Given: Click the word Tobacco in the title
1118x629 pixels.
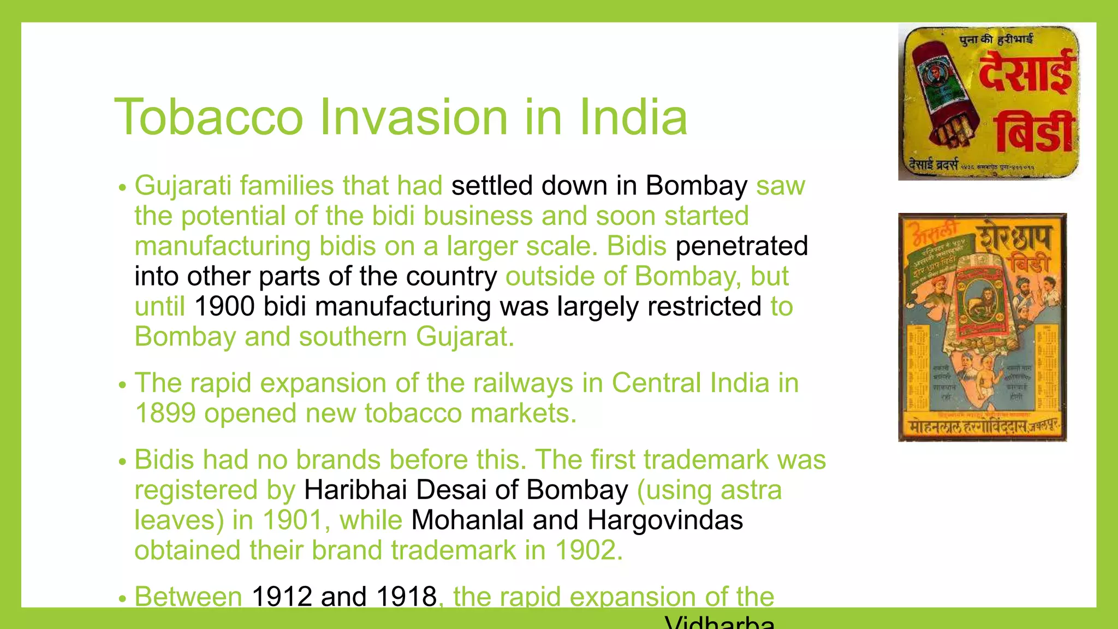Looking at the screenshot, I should (x=209, y=117).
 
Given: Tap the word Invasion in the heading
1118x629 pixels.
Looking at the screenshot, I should (x=413, y=117).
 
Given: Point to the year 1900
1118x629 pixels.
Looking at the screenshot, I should (x=224, y=306).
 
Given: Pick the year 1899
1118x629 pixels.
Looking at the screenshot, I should (x=165, y=413).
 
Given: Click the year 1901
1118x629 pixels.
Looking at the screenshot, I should (x=293, y=520).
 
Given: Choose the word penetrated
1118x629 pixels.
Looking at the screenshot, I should (x=741, y=246).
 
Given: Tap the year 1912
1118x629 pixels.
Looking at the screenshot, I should (x=281, y=596).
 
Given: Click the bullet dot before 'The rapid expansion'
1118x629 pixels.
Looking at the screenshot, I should (x=122, y=385).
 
